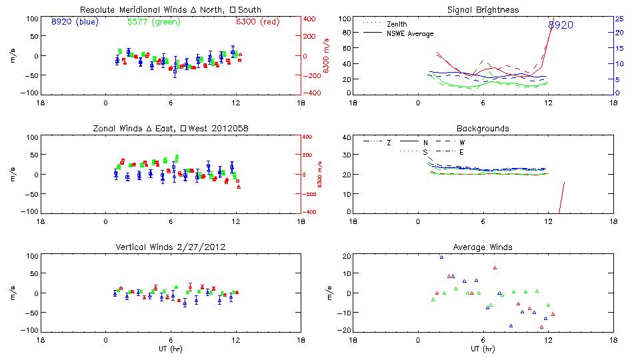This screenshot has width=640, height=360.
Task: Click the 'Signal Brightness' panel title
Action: pyautogui.click(x=483, y=10)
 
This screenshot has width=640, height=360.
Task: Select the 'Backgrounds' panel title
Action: pyautogui.click(x=483, y=128)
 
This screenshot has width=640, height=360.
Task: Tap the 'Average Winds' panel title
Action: pyautogui.click(x=483, y=247)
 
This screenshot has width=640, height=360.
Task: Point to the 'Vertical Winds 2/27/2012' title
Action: pyautogui.click(x=171, y=247)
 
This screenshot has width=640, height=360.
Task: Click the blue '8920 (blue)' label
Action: pyautogui.click(x=75, y=22)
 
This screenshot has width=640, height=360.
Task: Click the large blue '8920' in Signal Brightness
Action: pyautogui.click(x=561, y=25)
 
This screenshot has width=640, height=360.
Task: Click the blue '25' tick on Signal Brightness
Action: pyautogui.click(x=619, y=19)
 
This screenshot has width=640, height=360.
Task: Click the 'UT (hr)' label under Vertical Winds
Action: pyautogui.click(x=171, y=349)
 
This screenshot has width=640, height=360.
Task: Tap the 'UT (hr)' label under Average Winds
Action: pyautogui.click(x=483, y=349)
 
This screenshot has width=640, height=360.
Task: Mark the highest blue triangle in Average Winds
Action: pyautogui.click(x=441, y=257)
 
